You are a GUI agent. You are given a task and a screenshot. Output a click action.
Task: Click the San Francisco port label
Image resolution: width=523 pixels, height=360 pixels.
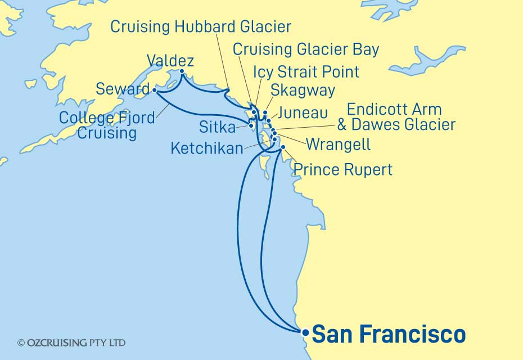pos(389,334)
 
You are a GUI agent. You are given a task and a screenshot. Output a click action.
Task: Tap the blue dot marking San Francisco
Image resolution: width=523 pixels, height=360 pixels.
pos(305,332)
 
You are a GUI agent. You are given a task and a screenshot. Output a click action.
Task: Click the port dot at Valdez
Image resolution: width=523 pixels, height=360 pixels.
pos(182,71)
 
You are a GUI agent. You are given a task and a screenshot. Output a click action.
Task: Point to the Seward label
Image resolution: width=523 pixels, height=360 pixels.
pos(123,89)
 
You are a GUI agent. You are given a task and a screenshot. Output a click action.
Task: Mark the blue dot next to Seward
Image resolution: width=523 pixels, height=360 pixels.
pos(155,89)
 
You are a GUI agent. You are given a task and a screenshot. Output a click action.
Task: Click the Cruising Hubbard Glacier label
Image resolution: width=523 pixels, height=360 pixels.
pos(201,26)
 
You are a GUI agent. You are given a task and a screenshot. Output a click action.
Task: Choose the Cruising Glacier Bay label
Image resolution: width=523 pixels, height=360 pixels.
pos(306,49)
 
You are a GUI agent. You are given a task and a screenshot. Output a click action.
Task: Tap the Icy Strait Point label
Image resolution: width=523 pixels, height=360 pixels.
pos(306,72)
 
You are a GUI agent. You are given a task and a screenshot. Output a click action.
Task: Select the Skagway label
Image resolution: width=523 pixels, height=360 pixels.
pos(303,90)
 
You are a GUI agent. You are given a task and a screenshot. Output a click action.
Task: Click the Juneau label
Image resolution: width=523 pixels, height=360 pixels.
pos(302,114)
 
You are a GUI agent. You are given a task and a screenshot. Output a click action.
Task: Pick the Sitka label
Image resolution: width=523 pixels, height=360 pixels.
pos(217,128)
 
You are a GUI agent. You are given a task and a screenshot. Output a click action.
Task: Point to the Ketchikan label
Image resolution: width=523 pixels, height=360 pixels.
pos(208,148)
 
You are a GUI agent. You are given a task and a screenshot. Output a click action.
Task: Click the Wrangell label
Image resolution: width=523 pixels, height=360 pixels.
pos(338,145)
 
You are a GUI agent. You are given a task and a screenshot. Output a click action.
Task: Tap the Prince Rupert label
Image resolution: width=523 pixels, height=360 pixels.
pos(343,169)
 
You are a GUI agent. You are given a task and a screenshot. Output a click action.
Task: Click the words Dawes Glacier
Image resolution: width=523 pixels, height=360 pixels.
pos(403,125)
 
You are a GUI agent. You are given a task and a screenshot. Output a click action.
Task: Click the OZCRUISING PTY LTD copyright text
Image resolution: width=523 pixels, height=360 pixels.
pos(71,343)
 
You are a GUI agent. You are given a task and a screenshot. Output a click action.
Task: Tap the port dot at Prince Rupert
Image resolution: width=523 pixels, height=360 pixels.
pos(283,147)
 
